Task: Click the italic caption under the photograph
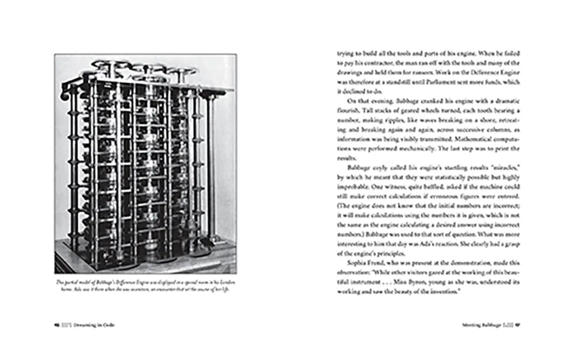tap(145, 286)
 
